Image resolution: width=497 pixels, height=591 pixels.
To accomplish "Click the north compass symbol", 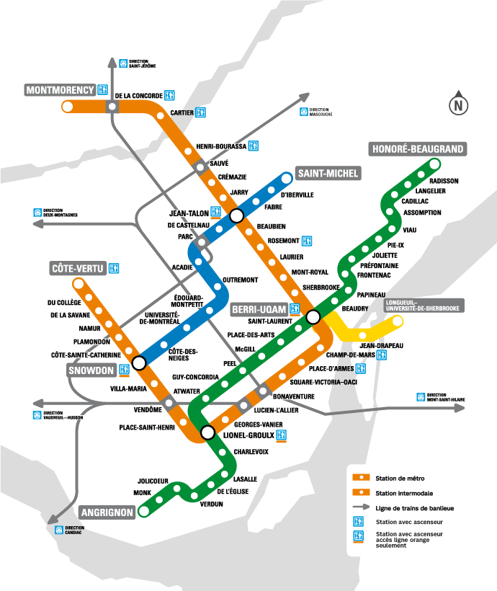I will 457,105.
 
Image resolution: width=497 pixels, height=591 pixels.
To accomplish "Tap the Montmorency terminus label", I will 60,90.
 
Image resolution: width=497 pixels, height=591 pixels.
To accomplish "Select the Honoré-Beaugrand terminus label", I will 417,149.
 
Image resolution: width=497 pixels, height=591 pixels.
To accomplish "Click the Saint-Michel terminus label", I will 328,174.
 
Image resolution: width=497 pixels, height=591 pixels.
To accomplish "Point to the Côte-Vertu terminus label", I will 78,269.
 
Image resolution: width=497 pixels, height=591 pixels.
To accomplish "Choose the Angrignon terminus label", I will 107,512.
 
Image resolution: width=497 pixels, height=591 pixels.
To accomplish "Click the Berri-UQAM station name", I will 259,309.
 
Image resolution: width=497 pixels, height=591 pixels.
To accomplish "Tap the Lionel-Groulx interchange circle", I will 207,433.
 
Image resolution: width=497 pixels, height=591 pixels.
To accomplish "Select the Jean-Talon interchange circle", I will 236,215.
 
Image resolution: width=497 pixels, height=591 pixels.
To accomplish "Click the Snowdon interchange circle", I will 139,361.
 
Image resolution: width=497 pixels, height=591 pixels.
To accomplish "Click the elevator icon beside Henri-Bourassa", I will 253,146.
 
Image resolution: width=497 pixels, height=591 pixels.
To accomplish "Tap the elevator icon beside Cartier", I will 201,112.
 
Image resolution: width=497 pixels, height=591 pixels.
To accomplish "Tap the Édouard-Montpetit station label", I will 189,300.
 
